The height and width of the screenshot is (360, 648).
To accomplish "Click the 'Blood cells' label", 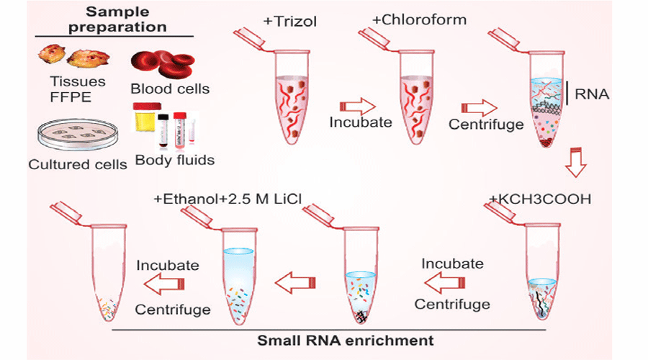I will click(170, 89).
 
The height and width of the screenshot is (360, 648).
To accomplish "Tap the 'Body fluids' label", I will click(174, 160).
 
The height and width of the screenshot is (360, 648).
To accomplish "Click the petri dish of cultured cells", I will click(76, 134).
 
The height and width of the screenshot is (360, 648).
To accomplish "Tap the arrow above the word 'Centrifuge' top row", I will click(477, 107).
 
